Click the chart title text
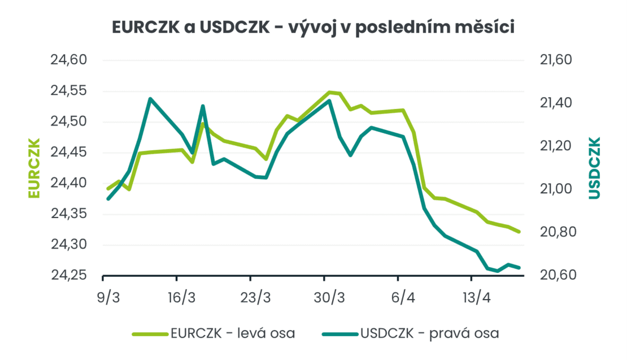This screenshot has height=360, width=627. pos(313,27)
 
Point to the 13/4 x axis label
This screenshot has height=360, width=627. pos(476,297)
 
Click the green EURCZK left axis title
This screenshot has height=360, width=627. pos(34,168)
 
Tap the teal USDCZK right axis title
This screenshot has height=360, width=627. pos(594,168)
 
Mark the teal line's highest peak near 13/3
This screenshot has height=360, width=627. pos(150,99)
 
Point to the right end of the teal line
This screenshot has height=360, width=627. pos(519,267)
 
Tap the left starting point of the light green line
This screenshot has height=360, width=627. pos(108,189)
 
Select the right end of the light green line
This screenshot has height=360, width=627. pos(519,232)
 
